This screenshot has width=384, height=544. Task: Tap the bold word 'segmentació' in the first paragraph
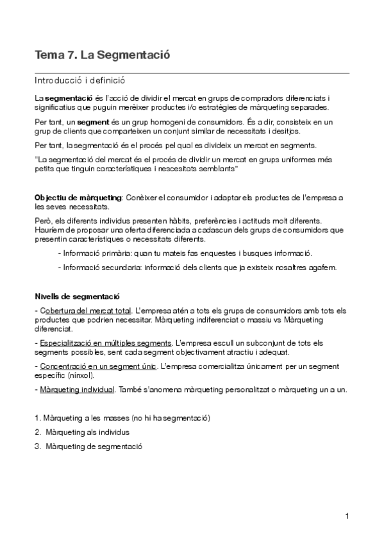tap(69, 98)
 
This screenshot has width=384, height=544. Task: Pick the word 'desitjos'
tap(285, 131)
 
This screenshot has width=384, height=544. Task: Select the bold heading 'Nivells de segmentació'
tap(77, 296)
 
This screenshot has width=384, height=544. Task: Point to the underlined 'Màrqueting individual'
tap(77, 389)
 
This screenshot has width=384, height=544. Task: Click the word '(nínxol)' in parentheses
tap(81, 375)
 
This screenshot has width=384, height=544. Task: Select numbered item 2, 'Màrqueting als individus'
tap(88, 432)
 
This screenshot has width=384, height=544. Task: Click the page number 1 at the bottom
tap(346, 516)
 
